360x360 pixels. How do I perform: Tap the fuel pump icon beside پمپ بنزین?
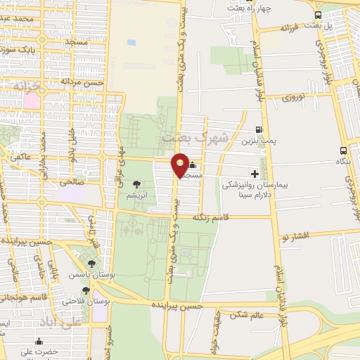tap(259, 129)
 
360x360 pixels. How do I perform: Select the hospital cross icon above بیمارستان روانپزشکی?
tap(255, 174)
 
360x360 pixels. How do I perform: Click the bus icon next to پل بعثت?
tap(319, 15)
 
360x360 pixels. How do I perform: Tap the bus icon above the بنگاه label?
tap(343, 150)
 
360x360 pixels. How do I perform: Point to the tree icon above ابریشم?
tap(136, 184)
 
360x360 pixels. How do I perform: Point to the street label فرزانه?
tap(290, 29)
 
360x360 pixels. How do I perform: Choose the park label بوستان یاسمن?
tap(90, 276)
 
